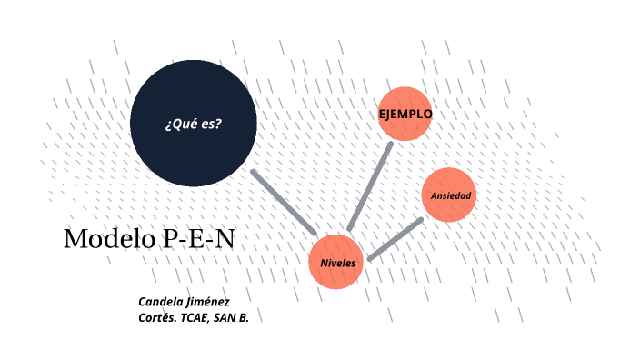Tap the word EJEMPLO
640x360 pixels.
405,115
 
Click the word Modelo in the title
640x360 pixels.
109,239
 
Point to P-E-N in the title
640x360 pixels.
198,239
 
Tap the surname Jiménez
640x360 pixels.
209,301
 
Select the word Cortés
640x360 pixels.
157,317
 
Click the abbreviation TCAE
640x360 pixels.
194,317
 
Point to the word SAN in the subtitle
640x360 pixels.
226,317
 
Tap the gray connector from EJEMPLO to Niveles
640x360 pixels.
370,185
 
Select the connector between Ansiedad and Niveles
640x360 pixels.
395,239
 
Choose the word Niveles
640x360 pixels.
337,263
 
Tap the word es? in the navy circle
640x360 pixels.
212,124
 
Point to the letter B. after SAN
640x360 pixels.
243,317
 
